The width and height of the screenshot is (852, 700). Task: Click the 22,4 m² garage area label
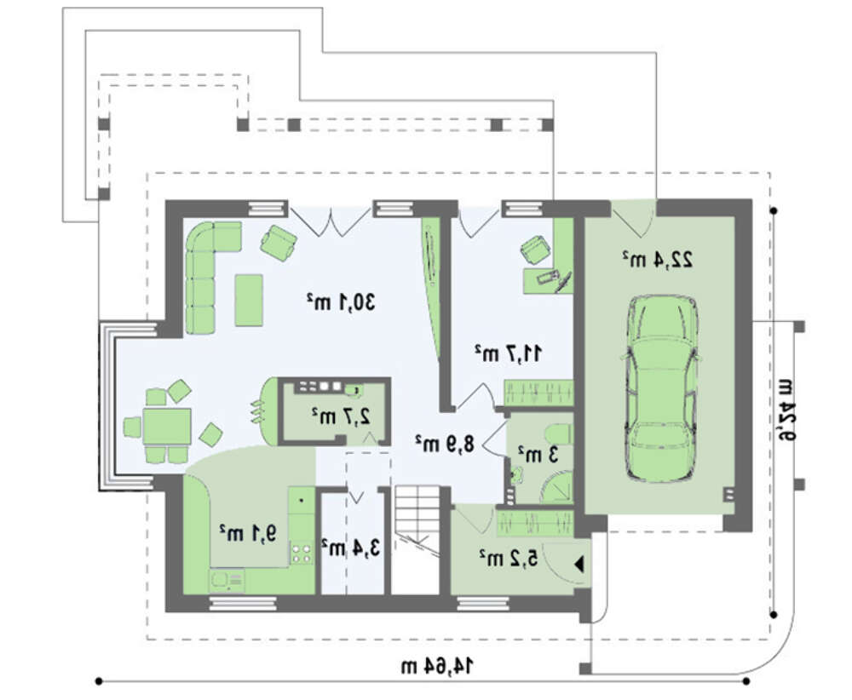point(658,259)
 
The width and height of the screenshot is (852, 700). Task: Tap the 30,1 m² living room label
point(341,301)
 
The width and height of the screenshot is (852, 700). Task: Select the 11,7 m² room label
point(509,353)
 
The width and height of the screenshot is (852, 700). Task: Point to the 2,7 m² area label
point(341,416)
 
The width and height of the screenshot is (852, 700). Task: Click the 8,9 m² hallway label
point(445,444)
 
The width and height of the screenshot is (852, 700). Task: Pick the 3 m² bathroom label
point(538,454)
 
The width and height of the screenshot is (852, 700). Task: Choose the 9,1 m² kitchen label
point(248,533)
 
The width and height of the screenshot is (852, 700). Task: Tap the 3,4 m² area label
point(350,548)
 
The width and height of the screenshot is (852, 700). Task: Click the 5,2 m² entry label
point(509,557)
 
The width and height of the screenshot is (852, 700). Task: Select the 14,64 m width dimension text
point(437,665)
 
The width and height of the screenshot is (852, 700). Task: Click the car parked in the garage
point(661,388)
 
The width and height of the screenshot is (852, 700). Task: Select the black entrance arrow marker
point(579,565)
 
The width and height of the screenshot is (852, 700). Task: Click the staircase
point(416,540)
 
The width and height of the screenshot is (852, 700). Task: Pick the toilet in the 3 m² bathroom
point(557,434)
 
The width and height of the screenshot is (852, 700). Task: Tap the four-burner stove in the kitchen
point(301,552)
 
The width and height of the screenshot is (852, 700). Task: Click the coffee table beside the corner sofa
point(249,301)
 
